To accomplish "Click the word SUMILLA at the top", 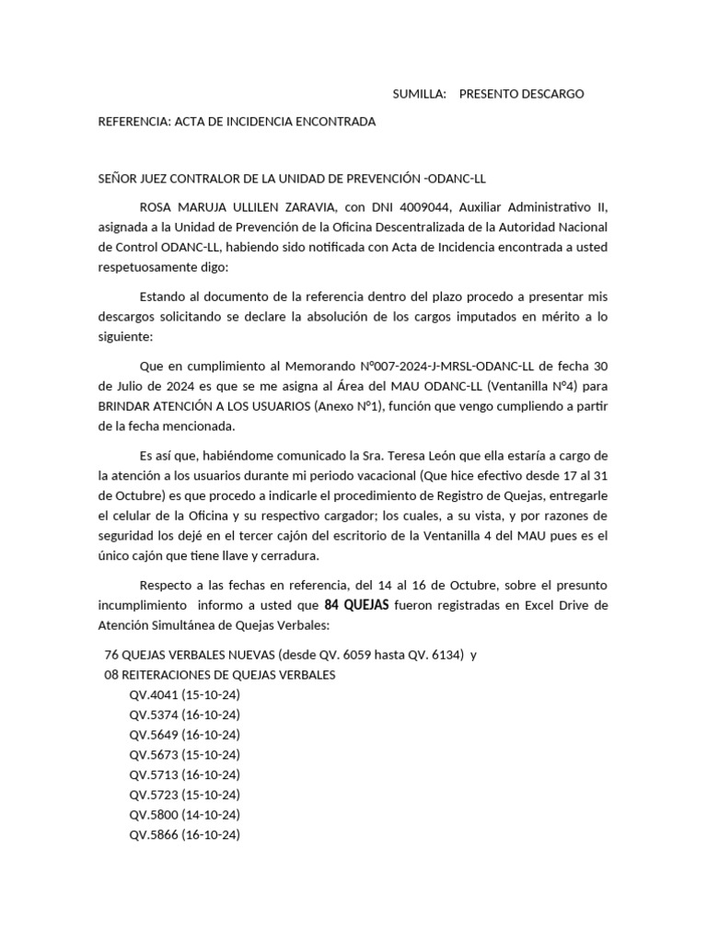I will tap(419, 94).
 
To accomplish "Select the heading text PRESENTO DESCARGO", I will tap(521, 94).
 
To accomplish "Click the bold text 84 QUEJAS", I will tap(358, 606).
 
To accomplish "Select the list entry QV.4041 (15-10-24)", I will tap(184, 695).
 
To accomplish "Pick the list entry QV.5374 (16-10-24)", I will tap(184, 716).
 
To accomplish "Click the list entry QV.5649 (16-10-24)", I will tap(184, 735).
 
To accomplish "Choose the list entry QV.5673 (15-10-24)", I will tap(184, 755).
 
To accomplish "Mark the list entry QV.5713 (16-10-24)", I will tap(184, 775).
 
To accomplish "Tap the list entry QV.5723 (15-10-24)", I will tap(184, 795).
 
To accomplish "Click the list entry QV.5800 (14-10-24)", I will tap(184, 815).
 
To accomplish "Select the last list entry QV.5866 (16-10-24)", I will tap(184, 835).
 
